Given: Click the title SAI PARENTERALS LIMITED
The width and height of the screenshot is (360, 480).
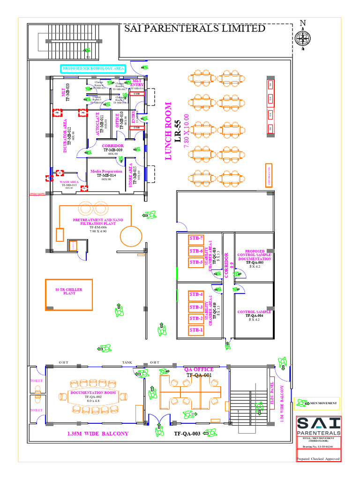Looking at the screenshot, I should (195, 29).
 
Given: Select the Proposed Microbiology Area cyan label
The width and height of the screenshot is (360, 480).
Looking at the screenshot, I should (93, 69).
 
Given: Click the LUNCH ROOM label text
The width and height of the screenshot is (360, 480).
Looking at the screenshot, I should (169, 131).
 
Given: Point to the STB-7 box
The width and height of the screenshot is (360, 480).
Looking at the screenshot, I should (196, 239).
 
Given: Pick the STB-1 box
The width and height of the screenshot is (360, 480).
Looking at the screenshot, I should (196, 330).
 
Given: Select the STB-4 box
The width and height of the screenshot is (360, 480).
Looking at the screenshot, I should (196, 295).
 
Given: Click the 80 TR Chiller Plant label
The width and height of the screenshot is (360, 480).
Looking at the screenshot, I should (69, 292).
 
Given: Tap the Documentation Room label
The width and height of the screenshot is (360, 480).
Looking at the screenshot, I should (93, 392).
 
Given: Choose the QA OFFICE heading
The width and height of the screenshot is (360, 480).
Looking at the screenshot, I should (199, 369).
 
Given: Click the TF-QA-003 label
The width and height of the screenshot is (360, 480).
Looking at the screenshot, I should (187, 434).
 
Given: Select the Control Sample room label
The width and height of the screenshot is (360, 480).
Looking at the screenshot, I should (254, 312).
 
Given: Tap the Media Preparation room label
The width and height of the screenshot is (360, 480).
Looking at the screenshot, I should (106, 172).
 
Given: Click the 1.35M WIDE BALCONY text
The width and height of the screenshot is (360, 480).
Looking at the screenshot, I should (97, 434).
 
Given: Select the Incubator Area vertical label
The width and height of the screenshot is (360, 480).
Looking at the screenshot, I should (66, 135).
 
